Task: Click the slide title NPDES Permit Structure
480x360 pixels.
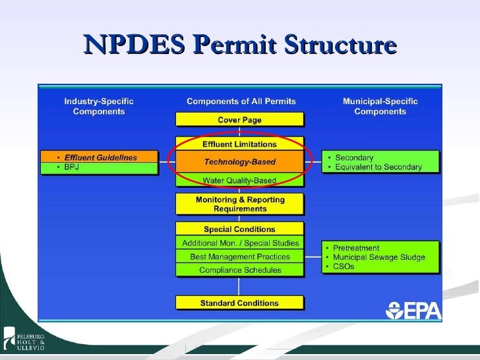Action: (x=240, y=45)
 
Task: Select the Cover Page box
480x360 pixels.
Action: (x=239, y=120)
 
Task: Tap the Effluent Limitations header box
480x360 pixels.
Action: (x=239, y=144)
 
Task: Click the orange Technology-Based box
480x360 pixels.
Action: (x=239, y=162)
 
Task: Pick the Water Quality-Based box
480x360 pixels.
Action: (x=239, y=180)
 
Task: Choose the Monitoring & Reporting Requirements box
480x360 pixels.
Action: (x=239, y=204)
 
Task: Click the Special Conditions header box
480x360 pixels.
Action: (x=239, y=229)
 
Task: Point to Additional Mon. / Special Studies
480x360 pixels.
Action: (x=239, y=243)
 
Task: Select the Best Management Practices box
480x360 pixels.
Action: (x=239, y=256)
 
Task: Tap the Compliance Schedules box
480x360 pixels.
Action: (x=239, y=270)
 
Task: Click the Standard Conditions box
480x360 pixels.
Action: (x=239, y=303)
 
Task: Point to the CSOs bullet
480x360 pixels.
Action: (x=344, y=266)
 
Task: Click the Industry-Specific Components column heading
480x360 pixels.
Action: (x=99, y=106)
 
